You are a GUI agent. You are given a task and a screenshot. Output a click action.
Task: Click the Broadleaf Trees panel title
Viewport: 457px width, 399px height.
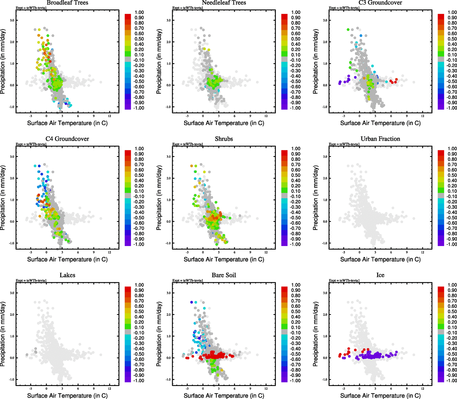[67, 3]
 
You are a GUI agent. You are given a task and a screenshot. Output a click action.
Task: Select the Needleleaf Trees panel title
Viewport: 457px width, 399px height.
[224, 3]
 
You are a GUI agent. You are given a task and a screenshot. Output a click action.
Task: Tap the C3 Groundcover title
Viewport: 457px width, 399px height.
[380, 3]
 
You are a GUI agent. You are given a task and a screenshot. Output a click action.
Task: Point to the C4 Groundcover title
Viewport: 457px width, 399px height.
[67, 139]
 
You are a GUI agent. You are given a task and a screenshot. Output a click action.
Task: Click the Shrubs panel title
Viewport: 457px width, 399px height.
[224, 139]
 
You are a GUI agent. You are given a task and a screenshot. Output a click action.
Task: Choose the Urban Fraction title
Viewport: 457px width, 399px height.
[380, 139]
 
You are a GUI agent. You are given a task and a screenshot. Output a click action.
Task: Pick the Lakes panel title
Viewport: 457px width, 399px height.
[67, 275]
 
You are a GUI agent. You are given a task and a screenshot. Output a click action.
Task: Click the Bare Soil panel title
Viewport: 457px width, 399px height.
[224, 275]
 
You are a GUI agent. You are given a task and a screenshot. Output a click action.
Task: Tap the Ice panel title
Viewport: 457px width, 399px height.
[380, 275]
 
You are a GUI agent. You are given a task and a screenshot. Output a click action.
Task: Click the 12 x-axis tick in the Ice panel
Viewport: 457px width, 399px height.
[422, 388]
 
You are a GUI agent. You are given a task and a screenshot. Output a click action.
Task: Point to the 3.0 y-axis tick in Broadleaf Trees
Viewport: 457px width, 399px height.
[12, 20]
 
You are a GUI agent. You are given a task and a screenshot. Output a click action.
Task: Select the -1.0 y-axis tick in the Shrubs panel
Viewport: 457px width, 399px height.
[168, 243]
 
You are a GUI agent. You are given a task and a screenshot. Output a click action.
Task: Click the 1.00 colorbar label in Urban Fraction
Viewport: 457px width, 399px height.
[452, 149]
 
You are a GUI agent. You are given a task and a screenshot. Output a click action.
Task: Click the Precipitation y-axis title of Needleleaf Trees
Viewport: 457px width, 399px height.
[159, 62]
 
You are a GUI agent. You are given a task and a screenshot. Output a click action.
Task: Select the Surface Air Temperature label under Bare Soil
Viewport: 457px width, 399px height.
[224, 396]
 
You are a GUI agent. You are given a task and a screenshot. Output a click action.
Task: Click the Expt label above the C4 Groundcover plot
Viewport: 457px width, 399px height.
[31, 144]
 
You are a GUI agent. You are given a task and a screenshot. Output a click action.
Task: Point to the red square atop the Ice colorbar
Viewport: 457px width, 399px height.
[441, 289]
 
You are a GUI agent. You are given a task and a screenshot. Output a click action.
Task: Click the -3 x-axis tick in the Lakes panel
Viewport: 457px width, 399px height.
[31, 388]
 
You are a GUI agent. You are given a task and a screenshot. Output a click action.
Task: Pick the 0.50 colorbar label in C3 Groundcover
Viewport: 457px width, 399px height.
[452, 39]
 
